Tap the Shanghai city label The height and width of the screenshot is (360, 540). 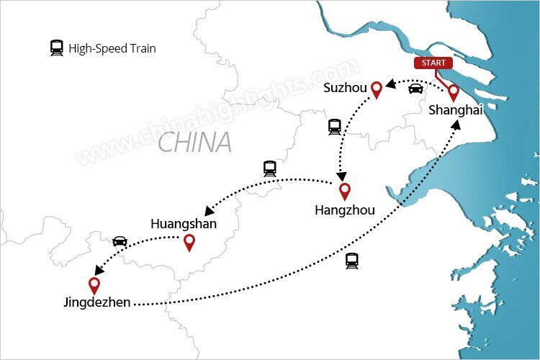coord(455,110)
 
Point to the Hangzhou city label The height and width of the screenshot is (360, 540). coord(345,211)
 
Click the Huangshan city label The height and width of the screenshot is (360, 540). coord(184,224)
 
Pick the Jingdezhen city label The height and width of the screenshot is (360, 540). coord(96,303)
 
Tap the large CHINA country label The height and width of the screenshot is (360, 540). coord(194,142)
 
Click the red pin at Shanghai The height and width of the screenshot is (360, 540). coord(454,92)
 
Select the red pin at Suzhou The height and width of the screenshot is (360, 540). coord(375,89)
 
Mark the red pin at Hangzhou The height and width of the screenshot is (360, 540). coord(345,191)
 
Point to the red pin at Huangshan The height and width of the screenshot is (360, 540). coord(189,243)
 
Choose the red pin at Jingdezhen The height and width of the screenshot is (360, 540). coord(94,285)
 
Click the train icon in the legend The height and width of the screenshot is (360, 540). coord(56,48)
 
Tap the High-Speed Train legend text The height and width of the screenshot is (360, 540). coord(112,49)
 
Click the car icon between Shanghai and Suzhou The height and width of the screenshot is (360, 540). coord(415,89)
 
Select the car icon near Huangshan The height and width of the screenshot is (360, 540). coord(120,240)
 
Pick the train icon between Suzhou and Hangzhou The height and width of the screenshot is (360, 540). coord(334,127)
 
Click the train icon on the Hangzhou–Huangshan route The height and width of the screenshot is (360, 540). coord(270,169)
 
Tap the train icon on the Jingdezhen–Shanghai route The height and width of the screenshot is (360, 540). coord(351,261)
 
